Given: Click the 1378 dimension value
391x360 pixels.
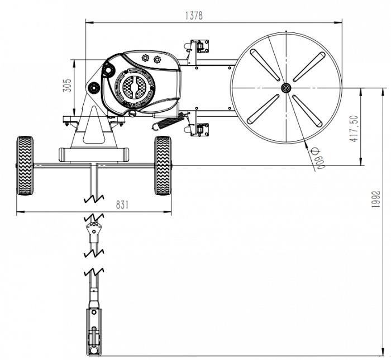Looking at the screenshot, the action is pos(194,16).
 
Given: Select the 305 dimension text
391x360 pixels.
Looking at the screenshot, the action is pos(67,86).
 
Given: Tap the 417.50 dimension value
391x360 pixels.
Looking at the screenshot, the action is pos(354,129).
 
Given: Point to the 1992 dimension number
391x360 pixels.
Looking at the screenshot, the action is pos(375,199).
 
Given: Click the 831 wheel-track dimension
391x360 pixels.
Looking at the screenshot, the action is pos(122,205).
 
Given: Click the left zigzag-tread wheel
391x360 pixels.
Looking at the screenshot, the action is pos(25,165).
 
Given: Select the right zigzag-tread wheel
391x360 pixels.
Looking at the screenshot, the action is pos(163,165).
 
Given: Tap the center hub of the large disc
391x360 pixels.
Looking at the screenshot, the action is pos(286,88).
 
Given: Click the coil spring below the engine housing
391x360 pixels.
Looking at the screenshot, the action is pos(168,121).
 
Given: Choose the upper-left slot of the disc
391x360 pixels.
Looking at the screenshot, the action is pos(265,65).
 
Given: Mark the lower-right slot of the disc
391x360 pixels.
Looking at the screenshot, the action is pos(307,111).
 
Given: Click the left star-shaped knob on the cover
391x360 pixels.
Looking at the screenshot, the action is pos(145,58).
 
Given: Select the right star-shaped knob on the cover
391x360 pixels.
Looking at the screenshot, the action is pos(157,59).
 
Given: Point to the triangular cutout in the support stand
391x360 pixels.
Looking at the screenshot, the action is pos(94,125).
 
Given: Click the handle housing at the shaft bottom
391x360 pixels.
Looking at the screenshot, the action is pos(94,332).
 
